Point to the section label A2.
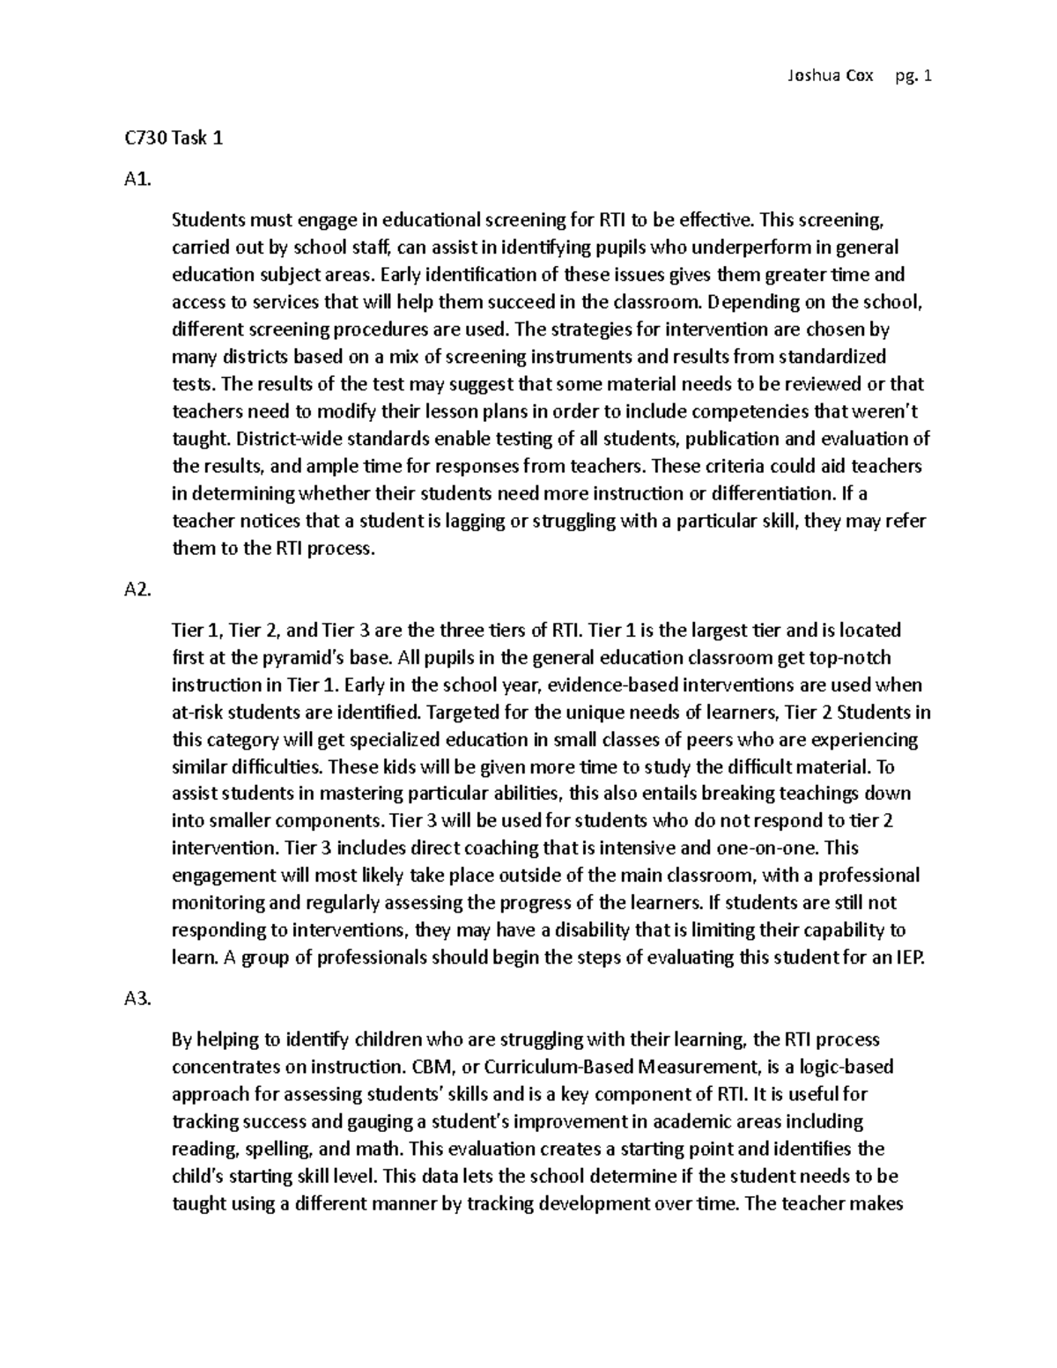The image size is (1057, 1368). coord(139,590)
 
